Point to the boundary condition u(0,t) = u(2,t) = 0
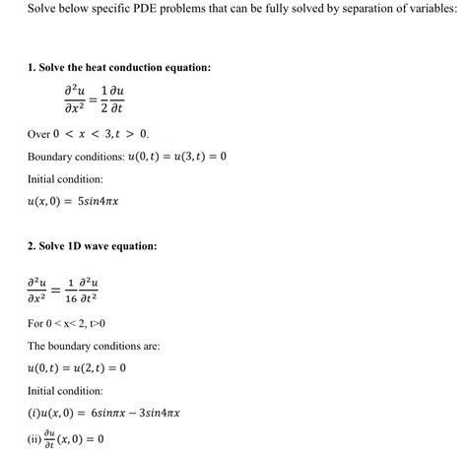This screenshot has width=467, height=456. coord(78,368)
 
